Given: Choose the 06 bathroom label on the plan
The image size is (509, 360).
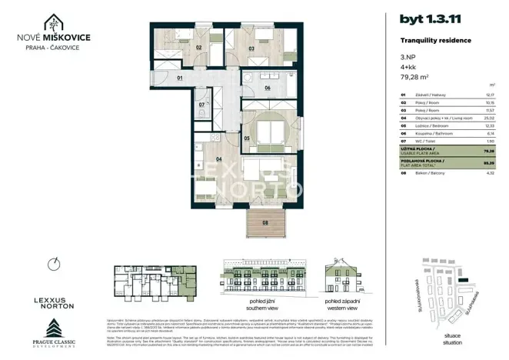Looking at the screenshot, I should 267,88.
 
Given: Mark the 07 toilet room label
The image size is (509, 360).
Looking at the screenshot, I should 201,105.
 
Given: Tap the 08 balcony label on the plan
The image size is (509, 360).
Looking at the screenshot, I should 266,223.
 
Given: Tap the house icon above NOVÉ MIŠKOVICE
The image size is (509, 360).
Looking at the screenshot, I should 52,22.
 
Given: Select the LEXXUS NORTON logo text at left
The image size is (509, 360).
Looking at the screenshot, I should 53,302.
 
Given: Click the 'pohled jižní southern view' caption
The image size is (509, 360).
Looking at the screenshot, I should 251,304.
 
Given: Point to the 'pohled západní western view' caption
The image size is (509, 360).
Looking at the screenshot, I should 343,304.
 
